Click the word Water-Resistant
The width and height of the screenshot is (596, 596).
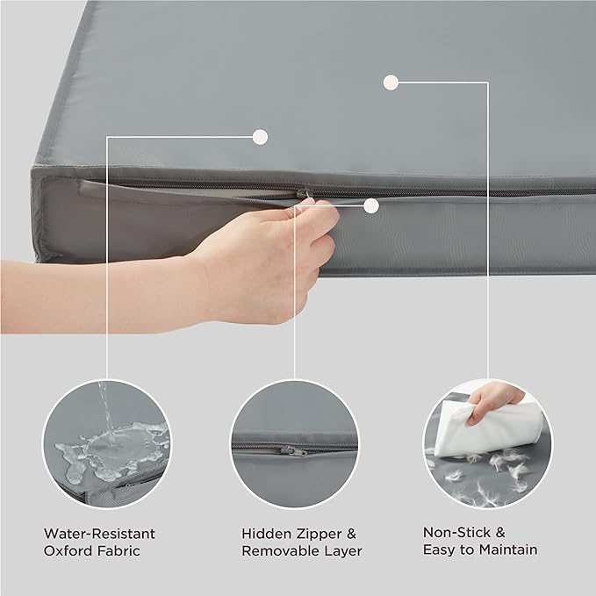[99, 533]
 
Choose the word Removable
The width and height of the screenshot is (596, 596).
[280, 551]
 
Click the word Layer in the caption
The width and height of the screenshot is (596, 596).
[343, 551]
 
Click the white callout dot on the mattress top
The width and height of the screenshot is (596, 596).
[391, 83]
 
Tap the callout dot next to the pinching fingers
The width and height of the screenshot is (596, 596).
[371, 206]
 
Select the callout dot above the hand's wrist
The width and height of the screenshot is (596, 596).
[259, 136]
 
